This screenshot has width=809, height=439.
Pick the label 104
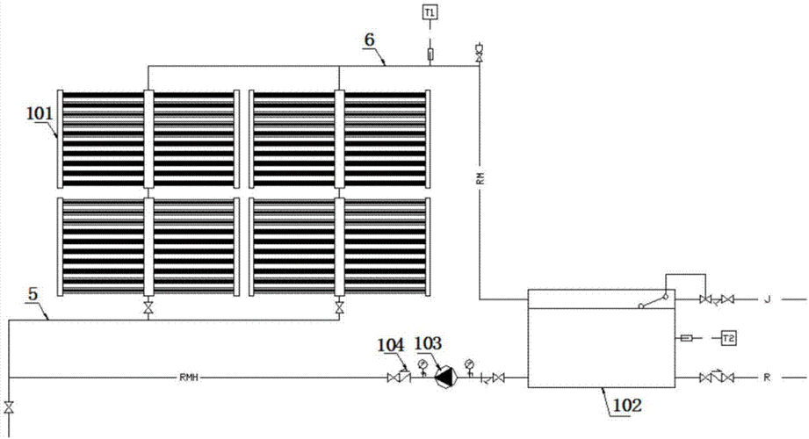click(x=393, y=342)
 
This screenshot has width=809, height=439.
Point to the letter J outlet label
click(x=765, y=300)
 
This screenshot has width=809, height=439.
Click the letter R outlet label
click(x=765, y=378)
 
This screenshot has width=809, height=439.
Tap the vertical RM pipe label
click(x=480, y=178)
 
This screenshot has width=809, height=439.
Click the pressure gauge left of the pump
click(x=423, y=364)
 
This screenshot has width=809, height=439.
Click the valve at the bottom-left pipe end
click(x=9, y=407)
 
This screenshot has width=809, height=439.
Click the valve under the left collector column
click(x=148, y=308)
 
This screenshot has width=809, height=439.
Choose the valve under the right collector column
click(x=339, y=308)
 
